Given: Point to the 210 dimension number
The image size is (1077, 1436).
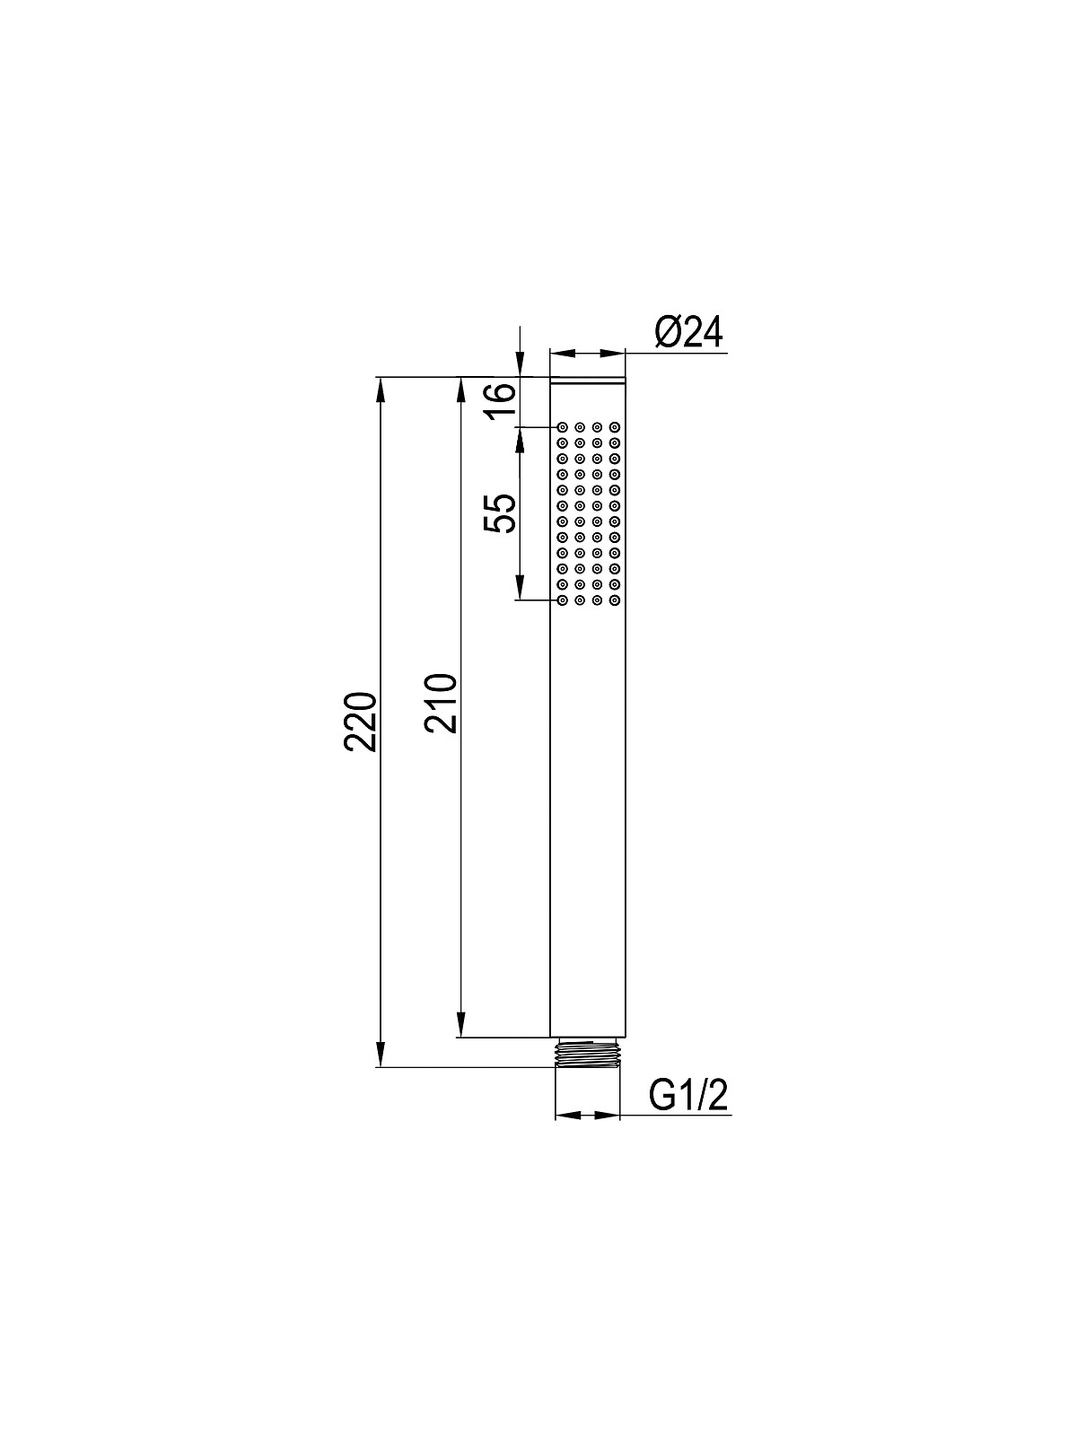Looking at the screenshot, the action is point(440,703).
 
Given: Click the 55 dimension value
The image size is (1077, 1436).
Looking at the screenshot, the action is point(500,513).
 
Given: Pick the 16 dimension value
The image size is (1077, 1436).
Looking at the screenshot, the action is point(500,401).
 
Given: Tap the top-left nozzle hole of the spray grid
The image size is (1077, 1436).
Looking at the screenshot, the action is point(563,427).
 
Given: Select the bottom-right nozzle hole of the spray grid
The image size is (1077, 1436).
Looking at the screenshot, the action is point(614,600).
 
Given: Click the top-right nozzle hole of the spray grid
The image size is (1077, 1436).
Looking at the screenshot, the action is point(614,427).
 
